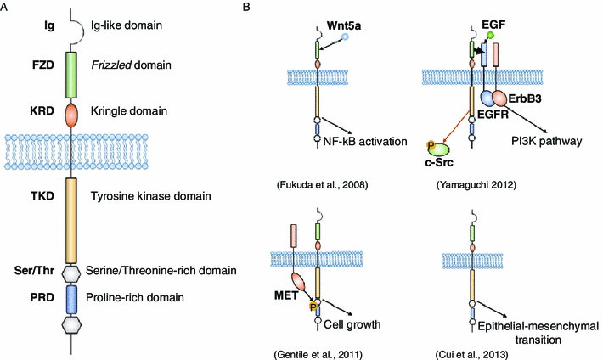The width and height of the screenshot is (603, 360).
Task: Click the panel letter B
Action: point(246,8)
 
